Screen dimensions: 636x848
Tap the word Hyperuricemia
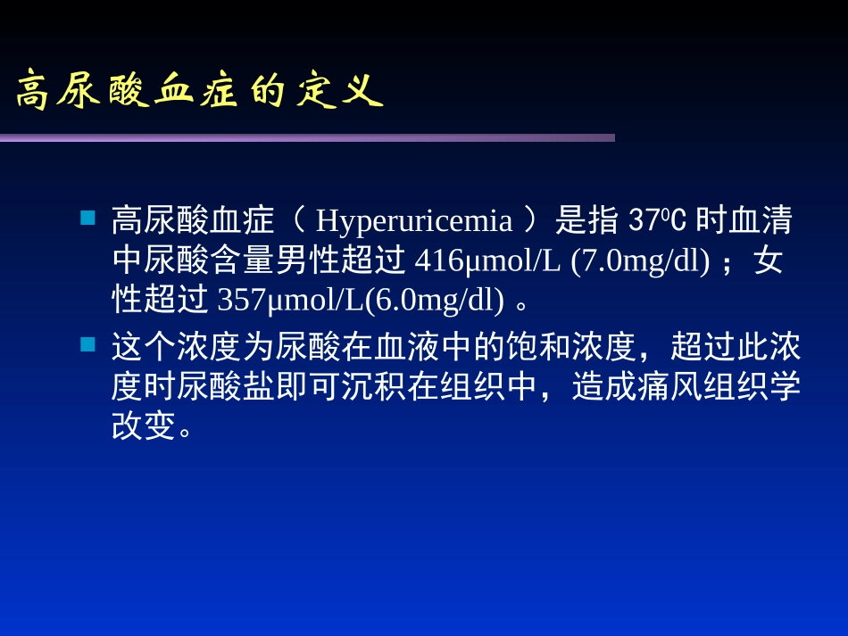pyautogui.click(x=414, y=219)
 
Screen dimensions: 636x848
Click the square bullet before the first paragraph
pyautogui.click(x=87, y=218)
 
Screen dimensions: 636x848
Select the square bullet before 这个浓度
pyautogui.click(x=87, y=343)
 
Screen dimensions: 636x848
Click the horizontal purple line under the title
pyautogui.click(x=307, y=137)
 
